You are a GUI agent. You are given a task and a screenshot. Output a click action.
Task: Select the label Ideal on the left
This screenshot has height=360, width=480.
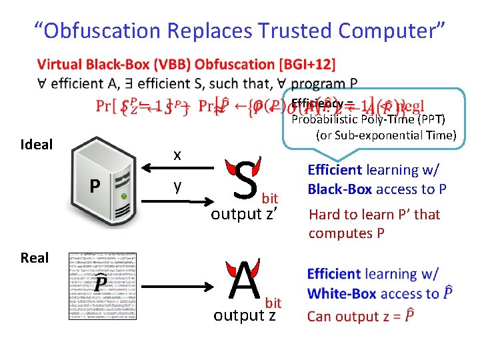37,145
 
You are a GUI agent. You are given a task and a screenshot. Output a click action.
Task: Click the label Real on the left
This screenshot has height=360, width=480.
35,258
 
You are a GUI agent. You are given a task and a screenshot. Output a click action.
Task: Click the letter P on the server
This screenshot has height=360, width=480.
96,185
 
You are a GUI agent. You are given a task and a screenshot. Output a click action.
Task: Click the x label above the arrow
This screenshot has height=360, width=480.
177,154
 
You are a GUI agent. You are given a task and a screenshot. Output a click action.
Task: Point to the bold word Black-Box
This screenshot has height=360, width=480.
339,189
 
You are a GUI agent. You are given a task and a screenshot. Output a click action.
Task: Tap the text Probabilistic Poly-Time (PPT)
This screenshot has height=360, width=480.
368,119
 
